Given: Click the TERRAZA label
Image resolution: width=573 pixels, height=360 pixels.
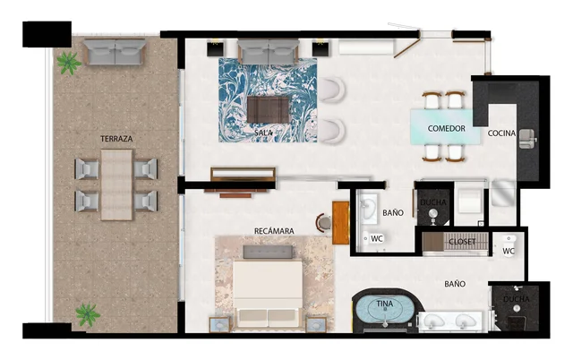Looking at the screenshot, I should tap(117, 140).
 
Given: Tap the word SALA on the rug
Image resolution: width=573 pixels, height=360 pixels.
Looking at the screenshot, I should tap(263, 133).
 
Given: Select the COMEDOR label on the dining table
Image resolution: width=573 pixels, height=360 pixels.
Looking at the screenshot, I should tap(446, 129).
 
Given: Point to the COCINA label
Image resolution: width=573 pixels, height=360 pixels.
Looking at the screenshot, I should tap(501, 134).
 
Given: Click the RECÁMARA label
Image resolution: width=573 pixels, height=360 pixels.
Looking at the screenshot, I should tap(274, 230).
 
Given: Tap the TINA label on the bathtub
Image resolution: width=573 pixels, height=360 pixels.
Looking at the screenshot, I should tap(384, 304).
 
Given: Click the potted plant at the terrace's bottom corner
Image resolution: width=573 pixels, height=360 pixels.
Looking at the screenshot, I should tap(87, 314).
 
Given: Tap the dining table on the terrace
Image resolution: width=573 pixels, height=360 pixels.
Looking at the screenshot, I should tap(116, 184).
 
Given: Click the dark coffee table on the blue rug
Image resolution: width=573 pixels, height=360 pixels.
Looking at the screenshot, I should tap(268, 109).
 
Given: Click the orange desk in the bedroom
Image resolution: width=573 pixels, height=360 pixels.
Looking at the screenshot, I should tap(340, 222).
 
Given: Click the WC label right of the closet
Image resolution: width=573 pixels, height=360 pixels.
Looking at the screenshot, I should tap(509, 252).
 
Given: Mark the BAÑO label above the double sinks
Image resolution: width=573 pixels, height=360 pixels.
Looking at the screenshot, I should tap(455, 284).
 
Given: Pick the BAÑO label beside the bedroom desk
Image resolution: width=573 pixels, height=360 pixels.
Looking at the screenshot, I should tap(392, 213).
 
